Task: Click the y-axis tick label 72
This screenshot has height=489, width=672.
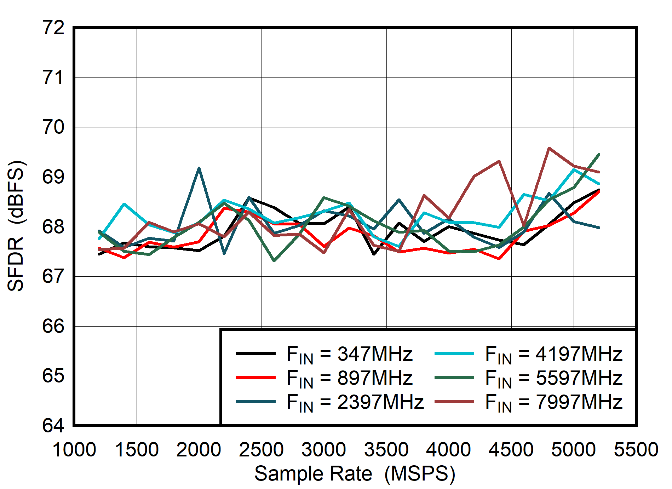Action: click(x=53, y=28)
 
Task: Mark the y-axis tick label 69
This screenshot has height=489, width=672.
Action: click(x=53, y=177)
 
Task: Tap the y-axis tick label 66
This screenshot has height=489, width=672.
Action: click(x=53, y=326)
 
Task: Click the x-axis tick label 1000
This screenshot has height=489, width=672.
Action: click(x=74, y=450)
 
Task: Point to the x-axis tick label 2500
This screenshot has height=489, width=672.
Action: click(x=262, y=450)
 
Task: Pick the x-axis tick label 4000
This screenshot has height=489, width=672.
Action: click(x=449, y=450)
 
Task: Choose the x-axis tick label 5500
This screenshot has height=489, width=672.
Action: click(x=636, y=450)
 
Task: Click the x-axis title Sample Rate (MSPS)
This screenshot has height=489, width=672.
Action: click(x=355, y=473)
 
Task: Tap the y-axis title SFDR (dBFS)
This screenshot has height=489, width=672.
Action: click(x=16, y=226)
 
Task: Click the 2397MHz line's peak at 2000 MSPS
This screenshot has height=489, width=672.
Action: click(x=199, y=168)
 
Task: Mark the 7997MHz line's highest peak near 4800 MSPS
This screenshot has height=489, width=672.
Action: click(x=548, y=148)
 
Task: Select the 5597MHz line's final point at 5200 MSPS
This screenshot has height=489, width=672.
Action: click(x=599, y=155)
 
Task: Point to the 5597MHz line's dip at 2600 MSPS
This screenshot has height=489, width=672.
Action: click(x=274, y=261)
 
